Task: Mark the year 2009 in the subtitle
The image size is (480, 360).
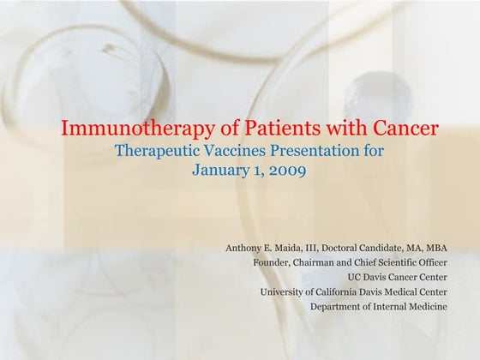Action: coord(285,169)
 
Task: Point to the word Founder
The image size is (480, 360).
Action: coord(273,263)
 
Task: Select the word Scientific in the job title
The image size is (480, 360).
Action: coord(405,263)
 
